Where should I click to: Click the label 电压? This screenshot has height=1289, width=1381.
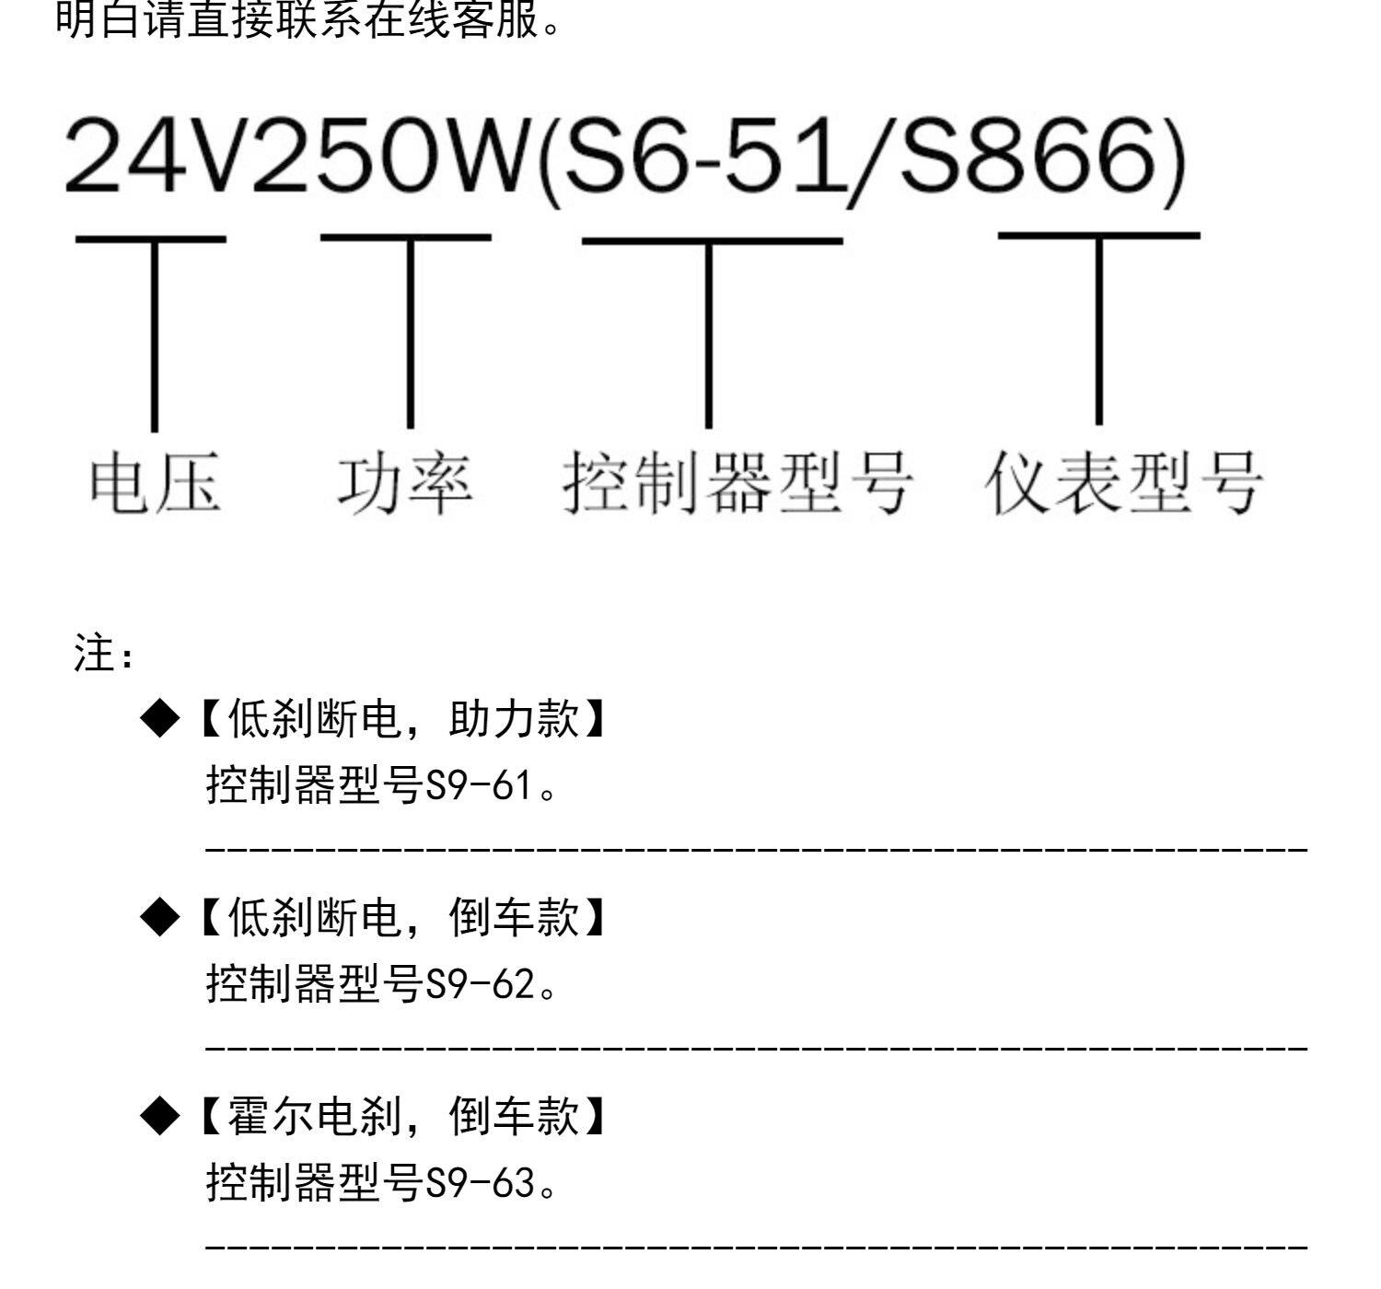pyautogui.click(x=155, y=483)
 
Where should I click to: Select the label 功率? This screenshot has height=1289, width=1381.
pyautogui.click(x=405, y=483)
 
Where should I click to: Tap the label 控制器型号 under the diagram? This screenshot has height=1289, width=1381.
pyautogui.click(x=737, y=483)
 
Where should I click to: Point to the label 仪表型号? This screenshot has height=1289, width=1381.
pyautogui.click(x=1124, y=483)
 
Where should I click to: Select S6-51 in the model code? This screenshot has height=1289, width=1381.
pyautogui.click(x=700, y=157)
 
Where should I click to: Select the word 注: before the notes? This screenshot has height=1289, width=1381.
pyautogui.click(x=104, y=656)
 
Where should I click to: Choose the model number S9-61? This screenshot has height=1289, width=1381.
pyautogui.click(x=479, y=787)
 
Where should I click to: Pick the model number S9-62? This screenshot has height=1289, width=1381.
pyautogui.click(x=480, y=985)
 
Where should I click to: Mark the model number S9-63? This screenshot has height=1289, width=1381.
pyautogui.click(x=480, y=1184)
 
